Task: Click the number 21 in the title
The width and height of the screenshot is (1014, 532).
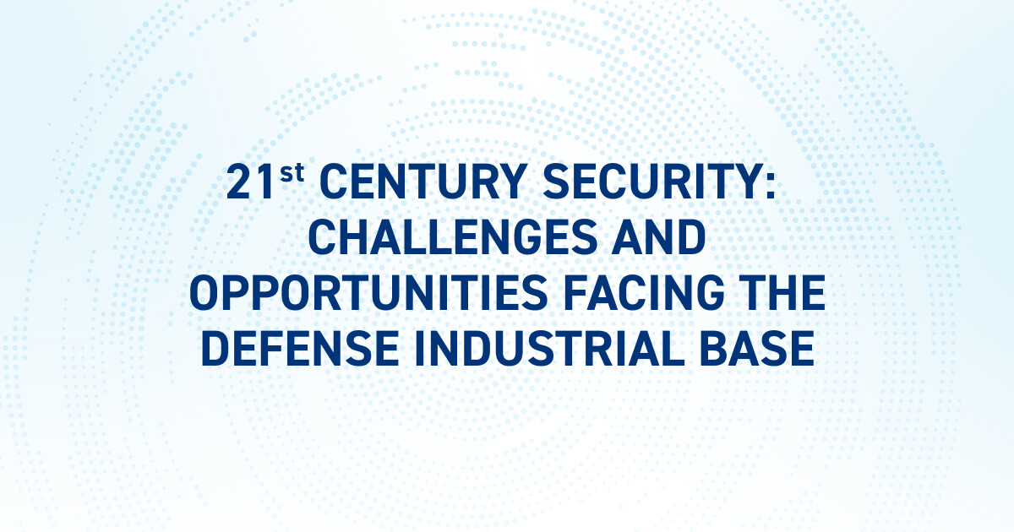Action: (251, 183)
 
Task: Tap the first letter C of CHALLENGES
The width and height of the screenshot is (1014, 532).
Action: (324, 238)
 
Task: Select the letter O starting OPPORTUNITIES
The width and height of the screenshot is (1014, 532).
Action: (207, 293)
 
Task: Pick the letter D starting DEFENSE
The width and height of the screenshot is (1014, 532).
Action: (216, 348)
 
